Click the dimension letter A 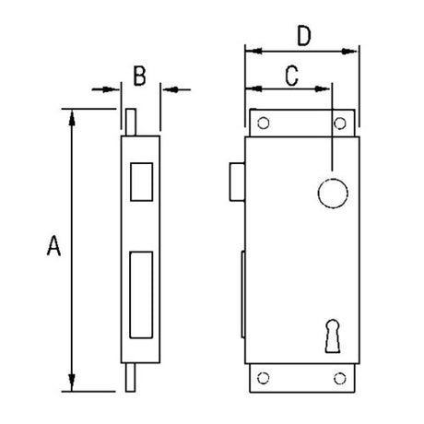click(53, 246)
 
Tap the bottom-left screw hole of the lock click(264, 376)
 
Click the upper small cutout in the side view click(143, 181)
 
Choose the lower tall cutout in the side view click(143, 292)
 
